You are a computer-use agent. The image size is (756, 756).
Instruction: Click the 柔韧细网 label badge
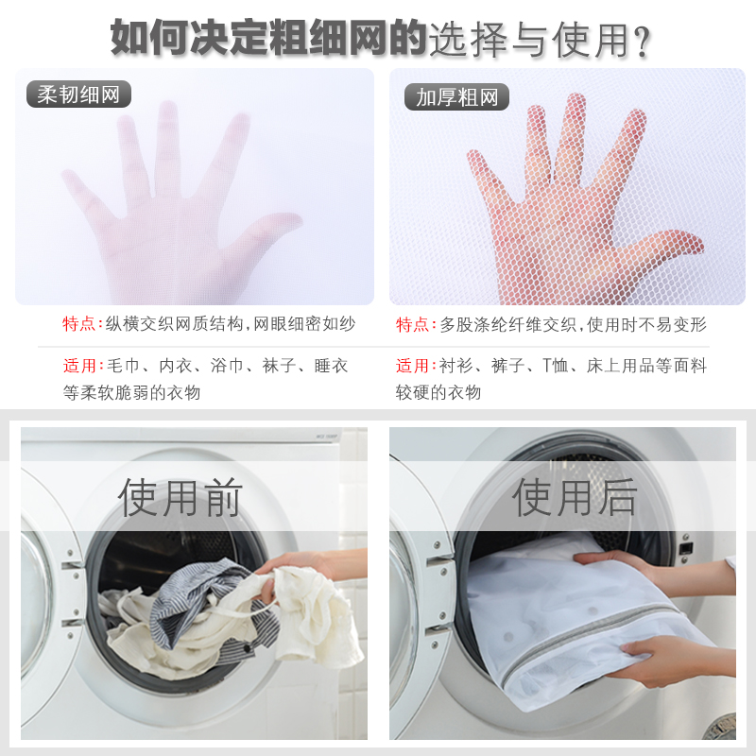[x=78, y=94]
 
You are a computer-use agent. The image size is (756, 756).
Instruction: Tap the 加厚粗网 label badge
[x=456, y=97]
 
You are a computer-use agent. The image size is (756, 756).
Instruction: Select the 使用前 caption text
[x=180, y=497]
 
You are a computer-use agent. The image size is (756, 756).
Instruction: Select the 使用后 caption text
[x=575, y=497]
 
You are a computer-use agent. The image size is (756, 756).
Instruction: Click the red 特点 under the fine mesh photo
[x=79, y=323]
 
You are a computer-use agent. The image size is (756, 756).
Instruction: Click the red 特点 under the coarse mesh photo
[x=413, y=324]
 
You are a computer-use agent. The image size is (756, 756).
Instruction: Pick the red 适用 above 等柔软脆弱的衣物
[x=79, y=366]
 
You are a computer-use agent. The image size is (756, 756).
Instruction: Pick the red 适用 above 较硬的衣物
[x=412, y=366]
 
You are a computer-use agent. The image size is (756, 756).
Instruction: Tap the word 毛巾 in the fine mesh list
[x=123, y=366]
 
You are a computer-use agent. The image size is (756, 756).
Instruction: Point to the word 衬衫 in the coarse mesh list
[x=455, y=366]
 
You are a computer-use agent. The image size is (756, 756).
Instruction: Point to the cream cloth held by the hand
[x=314, y=612]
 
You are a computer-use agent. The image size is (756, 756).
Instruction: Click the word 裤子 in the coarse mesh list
[x=507, y=366]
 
